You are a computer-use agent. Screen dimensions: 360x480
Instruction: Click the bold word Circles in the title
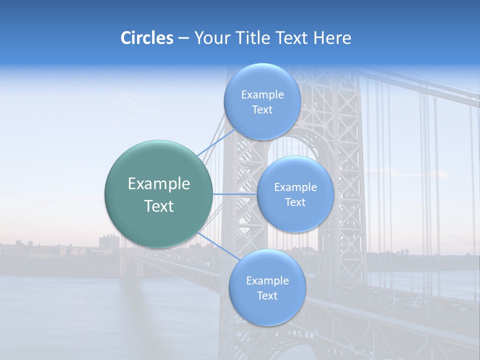147,38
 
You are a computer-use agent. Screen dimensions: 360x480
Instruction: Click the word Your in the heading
211,38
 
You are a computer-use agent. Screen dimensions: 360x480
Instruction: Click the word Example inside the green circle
159,184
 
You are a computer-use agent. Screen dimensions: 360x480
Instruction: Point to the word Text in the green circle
159,206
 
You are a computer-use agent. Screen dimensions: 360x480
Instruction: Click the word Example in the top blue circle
262,94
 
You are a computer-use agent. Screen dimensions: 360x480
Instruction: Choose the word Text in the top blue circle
262,109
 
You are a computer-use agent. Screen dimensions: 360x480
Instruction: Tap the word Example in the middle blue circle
295,187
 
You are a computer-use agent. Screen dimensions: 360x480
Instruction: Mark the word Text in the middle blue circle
295,202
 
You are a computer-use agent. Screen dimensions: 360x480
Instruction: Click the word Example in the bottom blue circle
267,280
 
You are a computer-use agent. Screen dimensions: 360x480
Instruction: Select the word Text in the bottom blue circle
267,295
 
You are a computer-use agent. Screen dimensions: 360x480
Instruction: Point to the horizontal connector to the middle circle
234,194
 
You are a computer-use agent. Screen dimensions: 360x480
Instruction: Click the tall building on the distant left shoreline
109,242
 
